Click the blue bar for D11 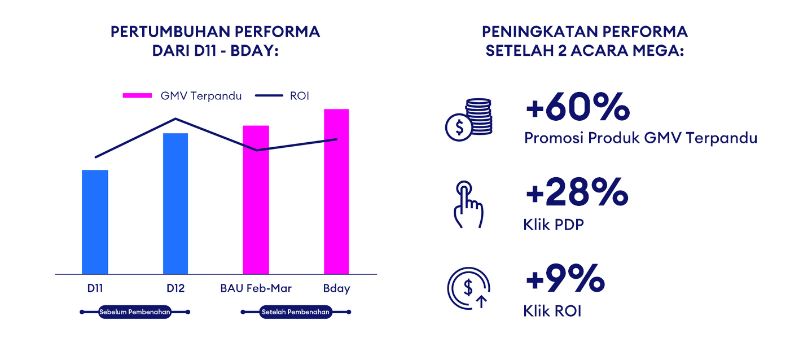click(95, 222)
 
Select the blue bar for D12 click(175, 204)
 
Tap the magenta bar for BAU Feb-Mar click(256, 200)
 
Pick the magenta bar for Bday click(336, 192)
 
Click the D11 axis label click(95, 288)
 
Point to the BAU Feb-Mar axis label click(256, 288)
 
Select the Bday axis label click(336, 289)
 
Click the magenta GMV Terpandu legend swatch click(137, 95)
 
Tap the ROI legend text click(300, 96)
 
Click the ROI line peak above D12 click(175, 119)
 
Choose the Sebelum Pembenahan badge click(135, 312)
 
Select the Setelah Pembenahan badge click(296, 312)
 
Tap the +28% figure click(577, 192)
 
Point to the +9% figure click(565, 279)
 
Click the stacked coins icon click(469, 120)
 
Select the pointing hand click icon click(468, 204)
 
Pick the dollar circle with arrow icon click(469, 288)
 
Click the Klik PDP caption click(554, 225)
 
